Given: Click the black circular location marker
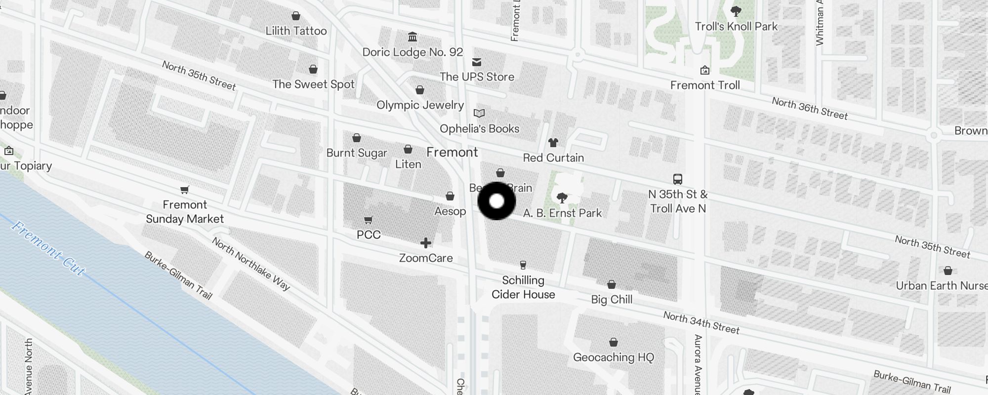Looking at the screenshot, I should click(496, 201).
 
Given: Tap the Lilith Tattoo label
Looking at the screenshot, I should click(296, 31).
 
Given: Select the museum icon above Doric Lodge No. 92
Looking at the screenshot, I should click(412, 37).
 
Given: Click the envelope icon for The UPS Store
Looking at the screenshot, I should click(477, 62).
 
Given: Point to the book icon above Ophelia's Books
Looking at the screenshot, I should click(479, 114).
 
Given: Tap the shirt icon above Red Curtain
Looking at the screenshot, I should click(553, 143).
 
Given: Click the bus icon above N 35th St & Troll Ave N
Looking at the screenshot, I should click(678, 179).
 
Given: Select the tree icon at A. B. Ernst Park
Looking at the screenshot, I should click(562, 198).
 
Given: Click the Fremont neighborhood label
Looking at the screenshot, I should click(452, 152).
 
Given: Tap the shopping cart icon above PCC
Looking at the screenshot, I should click(368, 220).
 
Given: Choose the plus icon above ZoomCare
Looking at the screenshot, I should click(426, 243).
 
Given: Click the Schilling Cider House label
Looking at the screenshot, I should click(523, 287).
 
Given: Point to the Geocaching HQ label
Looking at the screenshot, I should click(614, 357).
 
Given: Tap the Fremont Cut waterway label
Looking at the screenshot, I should click(48, 248).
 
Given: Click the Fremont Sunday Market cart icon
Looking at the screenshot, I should click(185, 190).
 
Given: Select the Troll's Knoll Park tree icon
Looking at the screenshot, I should click(736, 11).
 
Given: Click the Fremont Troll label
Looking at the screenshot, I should click(705, 85).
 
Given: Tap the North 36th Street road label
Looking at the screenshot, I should click(810, 109).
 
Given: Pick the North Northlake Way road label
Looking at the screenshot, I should click(251, 263).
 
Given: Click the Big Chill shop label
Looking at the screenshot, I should click(612, 299).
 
